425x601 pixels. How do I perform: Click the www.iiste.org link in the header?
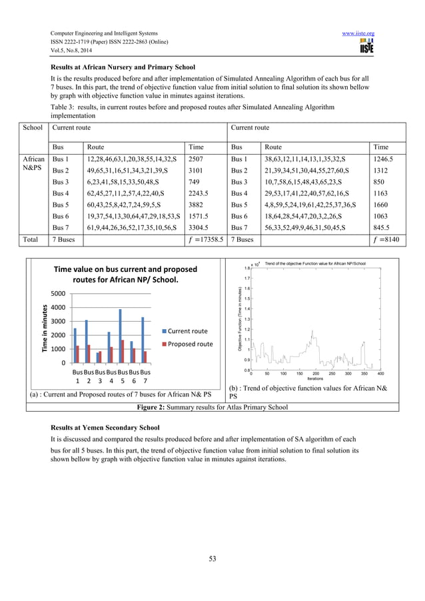(x=357, y=33)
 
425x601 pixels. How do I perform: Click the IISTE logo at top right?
(x=366, y=47)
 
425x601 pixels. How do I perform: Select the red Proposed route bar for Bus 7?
(x=145, y=356)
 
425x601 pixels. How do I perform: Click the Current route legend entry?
(x=186, y=331)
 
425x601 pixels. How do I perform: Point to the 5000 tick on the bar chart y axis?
(x=57, y=294)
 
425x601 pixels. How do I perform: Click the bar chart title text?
(x=125, y=275)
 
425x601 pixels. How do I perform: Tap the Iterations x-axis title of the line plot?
(x=315, y=378)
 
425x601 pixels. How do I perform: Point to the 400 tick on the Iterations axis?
(x=381, y=374)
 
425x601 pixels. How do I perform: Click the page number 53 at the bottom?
(x=212, y=558)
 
